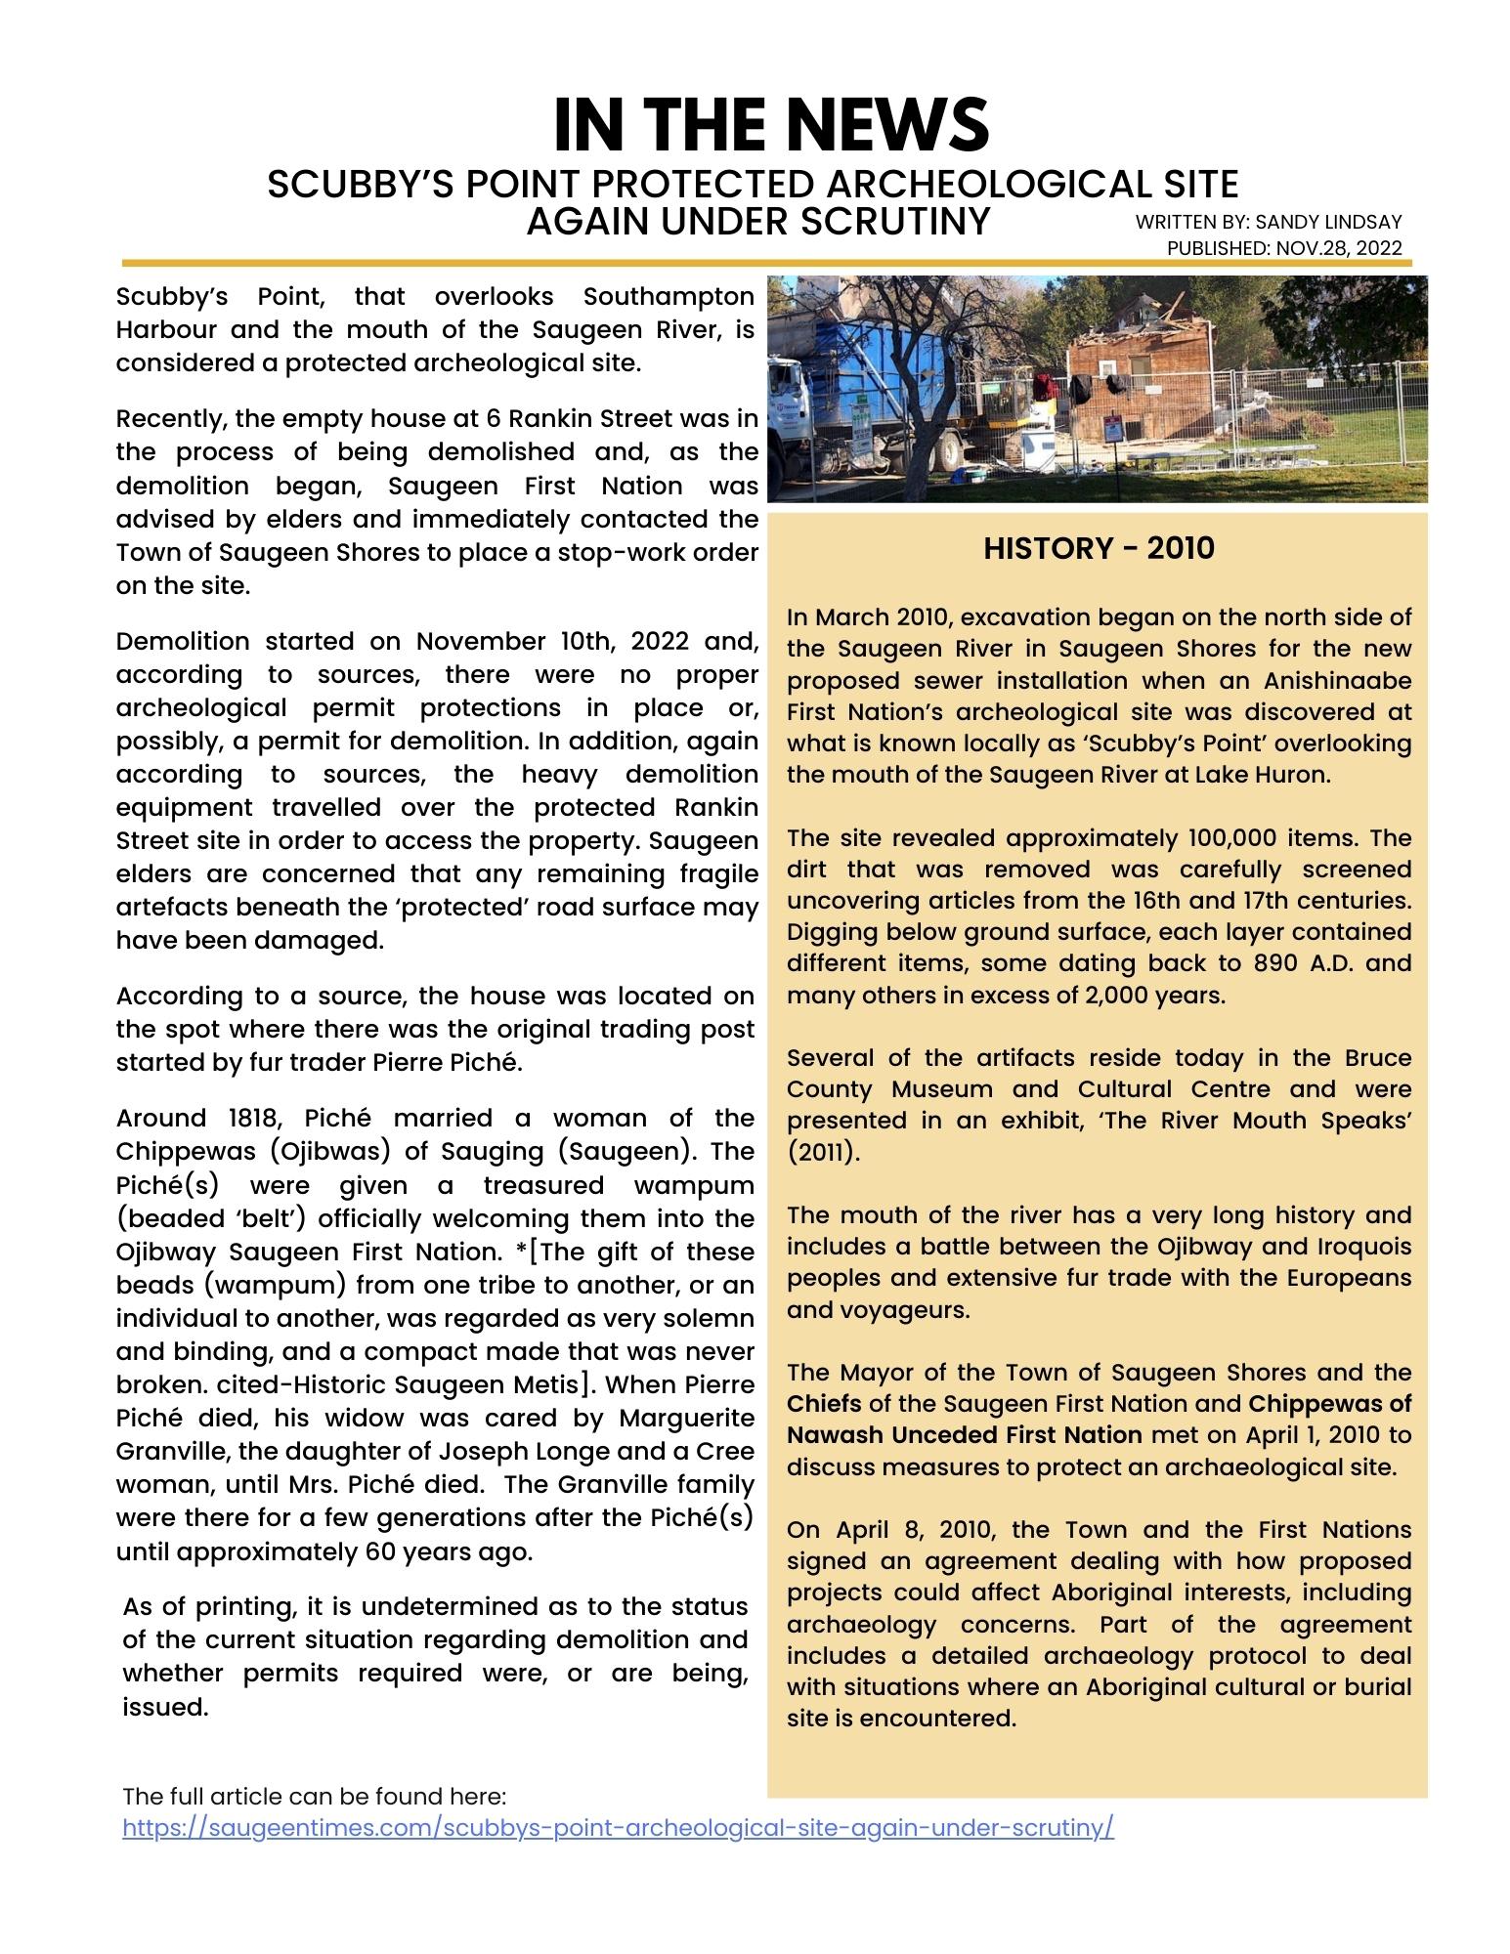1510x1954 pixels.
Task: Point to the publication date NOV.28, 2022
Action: click(1338, 248)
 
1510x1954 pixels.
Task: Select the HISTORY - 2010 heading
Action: click(1099, 548)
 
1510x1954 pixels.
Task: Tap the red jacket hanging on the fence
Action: click(1044, 383)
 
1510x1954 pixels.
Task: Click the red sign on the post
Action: click(1111, 427)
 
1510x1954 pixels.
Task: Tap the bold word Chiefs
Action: click(824, 1404)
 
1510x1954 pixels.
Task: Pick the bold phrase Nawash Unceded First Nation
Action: click(964, 1435)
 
